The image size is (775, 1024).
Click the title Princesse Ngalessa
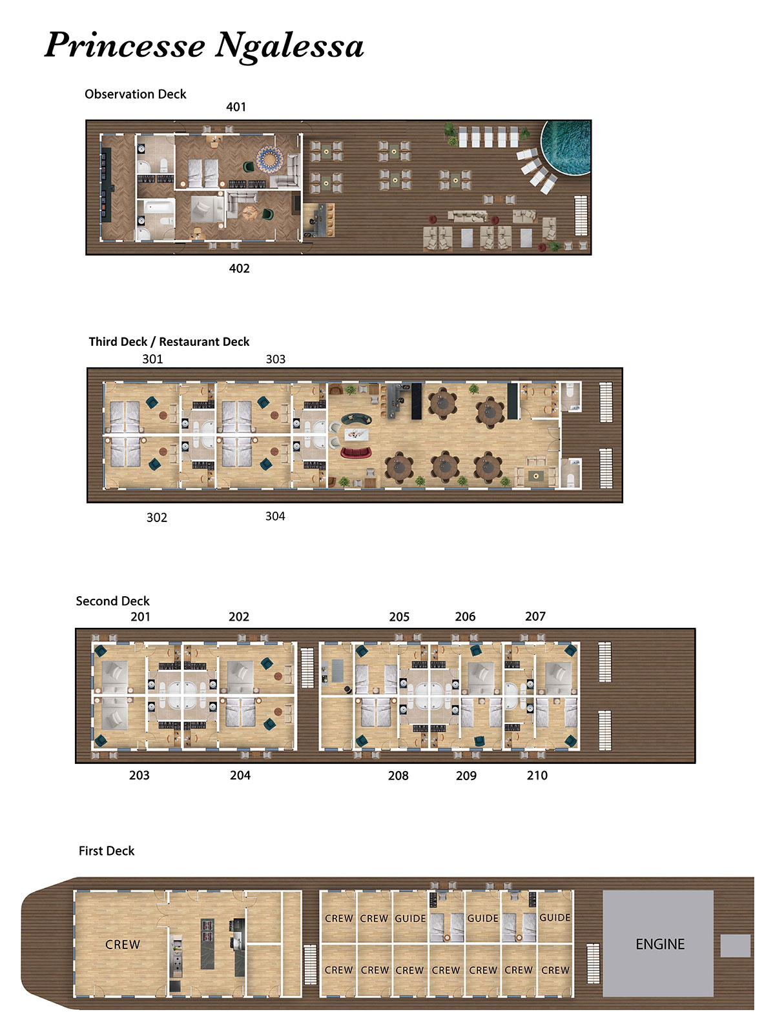(204, 46)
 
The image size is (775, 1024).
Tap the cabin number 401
(236, 107)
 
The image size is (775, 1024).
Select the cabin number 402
(239, 268)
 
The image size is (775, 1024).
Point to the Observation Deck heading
(136, 94)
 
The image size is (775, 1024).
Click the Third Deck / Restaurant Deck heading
(169, 341)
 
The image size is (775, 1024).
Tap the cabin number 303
(276, 359)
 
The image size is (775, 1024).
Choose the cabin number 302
(157, 517)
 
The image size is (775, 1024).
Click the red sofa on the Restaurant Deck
(356, 452)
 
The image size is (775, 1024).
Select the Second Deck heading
(112, 601)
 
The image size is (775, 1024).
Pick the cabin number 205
(399, 617)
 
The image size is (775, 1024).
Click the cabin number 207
(535, 616)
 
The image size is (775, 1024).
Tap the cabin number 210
(537, 776)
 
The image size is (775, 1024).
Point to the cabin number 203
(139, 775)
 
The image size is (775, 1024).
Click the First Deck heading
(107, 850)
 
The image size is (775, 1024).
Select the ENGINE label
(659, 944)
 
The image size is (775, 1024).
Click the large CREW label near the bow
(123, 944)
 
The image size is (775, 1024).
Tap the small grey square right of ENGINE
(736, 945)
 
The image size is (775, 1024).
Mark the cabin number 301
(152, 359)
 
